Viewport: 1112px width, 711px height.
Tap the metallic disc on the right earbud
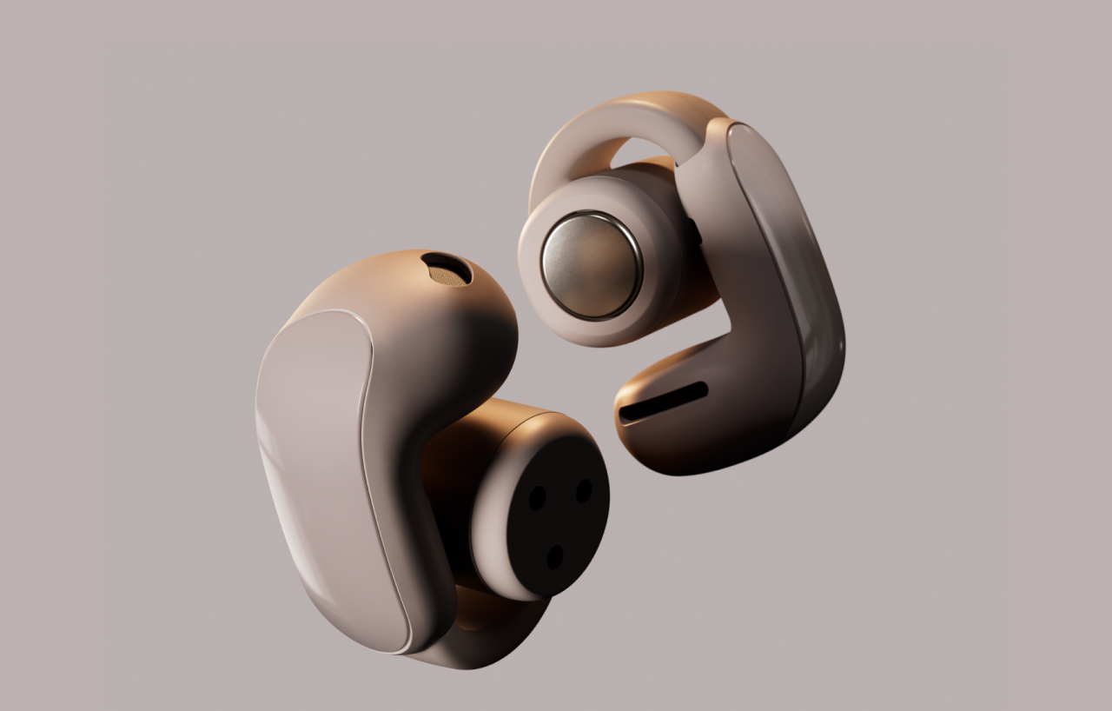pos(591,264)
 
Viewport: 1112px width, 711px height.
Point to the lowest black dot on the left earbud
pos(553,556)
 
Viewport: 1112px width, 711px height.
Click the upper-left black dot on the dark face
pos(538,497)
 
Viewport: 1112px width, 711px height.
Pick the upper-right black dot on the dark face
pos(584,490)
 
